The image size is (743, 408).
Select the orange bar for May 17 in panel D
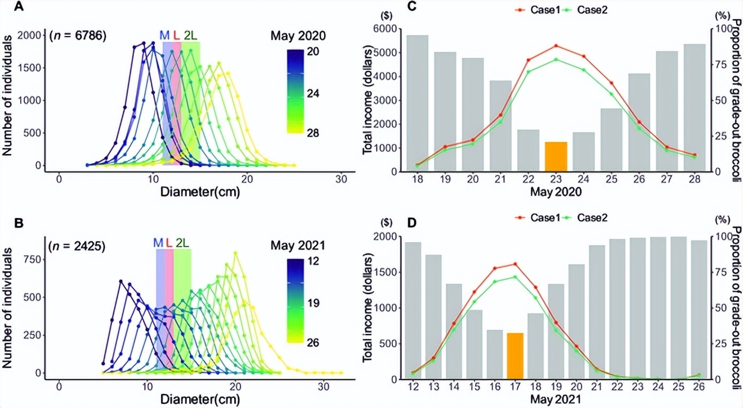point(515,356)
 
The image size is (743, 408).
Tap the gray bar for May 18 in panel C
point(418,103)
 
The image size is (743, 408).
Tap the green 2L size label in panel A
point(190,35)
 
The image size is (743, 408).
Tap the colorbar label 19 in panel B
point(314,303)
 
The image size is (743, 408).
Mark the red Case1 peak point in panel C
point(556,46)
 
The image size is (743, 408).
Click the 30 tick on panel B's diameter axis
point(323,387)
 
